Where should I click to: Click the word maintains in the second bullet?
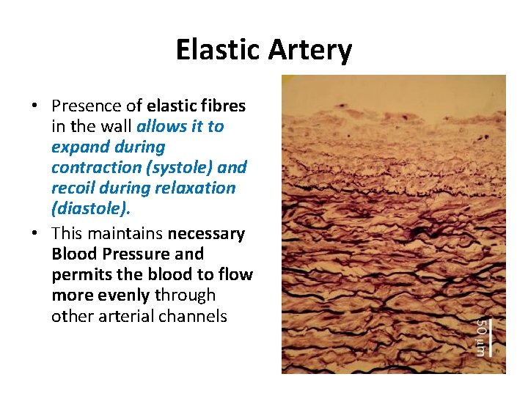tap(125, 234)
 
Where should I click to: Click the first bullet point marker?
tap(35, 106)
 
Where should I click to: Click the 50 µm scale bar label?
tap(480, 336)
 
